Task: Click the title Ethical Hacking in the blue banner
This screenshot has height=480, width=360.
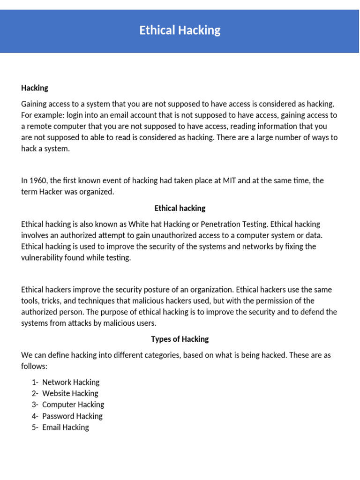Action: click(x=180, y=30)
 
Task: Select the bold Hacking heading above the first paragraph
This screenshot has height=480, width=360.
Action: click(x=35, y=88)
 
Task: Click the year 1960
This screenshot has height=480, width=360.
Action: click(x=38, y=181)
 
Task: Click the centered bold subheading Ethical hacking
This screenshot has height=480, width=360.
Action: click(x=180, y=208)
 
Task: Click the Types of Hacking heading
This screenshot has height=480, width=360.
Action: click(x=180, y=339)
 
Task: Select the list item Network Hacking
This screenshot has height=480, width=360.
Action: click(x=71, y=382)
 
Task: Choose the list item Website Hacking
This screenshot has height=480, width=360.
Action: click(x=70, y=394)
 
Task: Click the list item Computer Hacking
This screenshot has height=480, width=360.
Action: click(x=73, y=405)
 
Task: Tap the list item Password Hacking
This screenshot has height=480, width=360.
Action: click(x=72, y=416)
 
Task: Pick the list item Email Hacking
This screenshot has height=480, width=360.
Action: click(x=66, y=427)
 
